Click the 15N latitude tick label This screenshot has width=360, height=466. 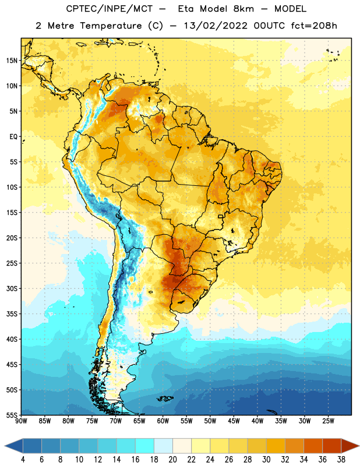tap(12, 61)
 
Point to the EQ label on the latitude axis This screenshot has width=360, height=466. tap(13, 137)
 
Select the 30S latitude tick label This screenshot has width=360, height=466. tap(12, 288)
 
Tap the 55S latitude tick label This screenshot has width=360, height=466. tap(12, 415)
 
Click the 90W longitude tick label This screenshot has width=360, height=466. tap(21, 421)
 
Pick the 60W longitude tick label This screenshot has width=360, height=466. tap(163, 421)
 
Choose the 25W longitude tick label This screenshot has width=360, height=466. tap(328, 421)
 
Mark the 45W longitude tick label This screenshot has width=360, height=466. tap(234, 421)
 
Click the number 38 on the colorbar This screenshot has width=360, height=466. tap(341, 460)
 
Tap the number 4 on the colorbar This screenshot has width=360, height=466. tap(23, 460)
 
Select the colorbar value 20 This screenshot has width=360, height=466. tap(172, 460)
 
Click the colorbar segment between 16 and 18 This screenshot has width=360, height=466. tap(145, 446)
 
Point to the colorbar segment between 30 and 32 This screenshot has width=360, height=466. tap(276, 446)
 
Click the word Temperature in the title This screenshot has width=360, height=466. tap(111, 26)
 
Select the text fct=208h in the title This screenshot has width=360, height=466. tap(314, 26)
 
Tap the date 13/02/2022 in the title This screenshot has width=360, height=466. tap(216, 26)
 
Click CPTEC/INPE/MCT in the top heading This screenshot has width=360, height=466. tap(110, 9)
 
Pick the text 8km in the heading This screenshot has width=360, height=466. tap(243, 9)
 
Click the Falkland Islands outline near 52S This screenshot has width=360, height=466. tap(165, 398)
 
